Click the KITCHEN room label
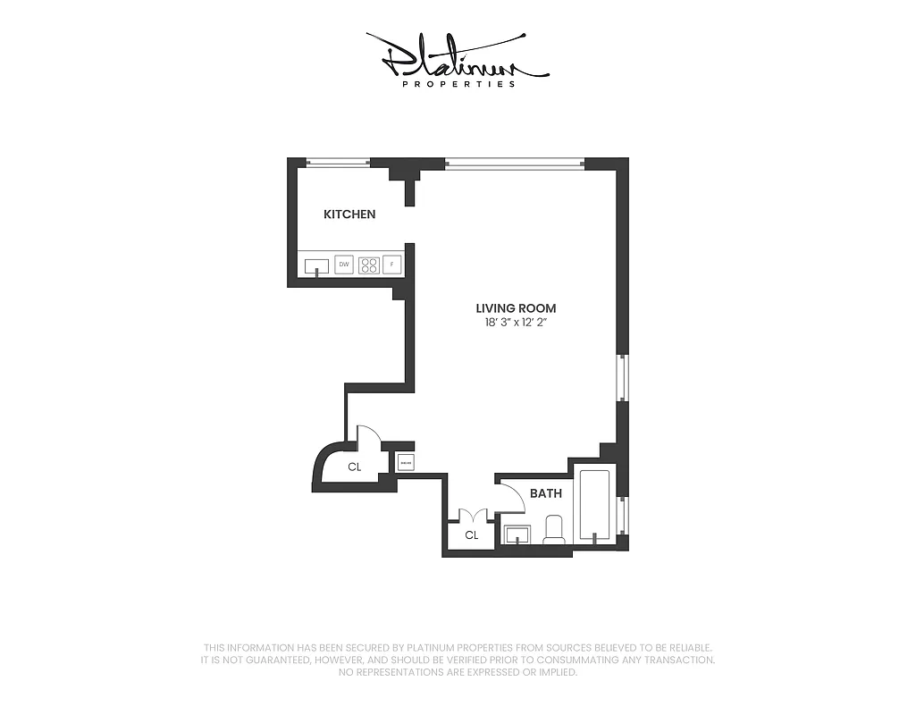[349, 214]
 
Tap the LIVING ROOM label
[516, 308]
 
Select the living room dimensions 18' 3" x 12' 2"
[516, 323]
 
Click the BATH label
[545, 493]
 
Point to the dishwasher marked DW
[344, 265]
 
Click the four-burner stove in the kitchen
[368, 265]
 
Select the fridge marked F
[392, 265]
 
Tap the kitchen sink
[316, 265]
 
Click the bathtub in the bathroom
[594, 505]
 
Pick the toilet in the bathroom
[555, 530]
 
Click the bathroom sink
[516, 535]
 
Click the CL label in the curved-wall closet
[355, 467]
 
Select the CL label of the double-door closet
[472, 535]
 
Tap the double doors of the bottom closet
[472, 516]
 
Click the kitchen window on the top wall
[338, 163]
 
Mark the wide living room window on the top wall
[514, 163]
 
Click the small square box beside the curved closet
[406, 462]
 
